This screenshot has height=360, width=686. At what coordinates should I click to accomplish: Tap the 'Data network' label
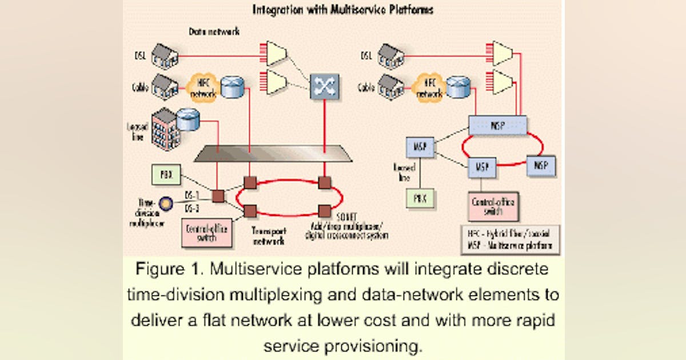click(x=214, y=32)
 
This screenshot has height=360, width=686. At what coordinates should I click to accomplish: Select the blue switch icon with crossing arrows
click(x=325, y=86)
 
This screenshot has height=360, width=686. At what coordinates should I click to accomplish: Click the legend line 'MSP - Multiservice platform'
click(x=510, y=246)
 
